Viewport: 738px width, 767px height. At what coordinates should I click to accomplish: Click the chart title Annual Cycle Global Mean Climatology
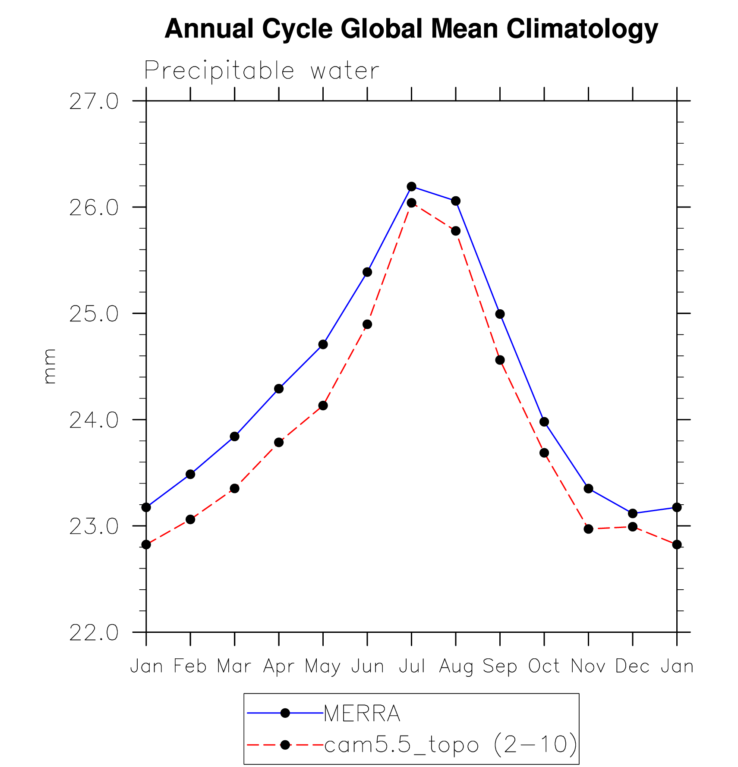411,29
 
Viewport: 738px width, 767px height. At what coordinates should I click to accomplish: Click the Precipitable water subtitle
262,71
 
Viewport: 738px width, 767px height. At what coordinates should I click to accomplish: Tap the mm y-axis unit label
50,366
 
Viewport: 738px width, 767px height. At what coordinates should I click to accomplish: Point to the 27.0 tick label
94,102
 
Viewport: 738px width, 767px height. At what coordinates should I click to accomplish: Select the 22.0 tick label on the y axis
94,633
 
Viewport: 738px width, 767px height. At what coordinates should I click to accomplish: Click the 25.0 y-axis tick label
94,314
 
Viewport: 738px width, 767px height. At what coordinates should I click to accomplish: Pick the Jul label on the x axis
412,666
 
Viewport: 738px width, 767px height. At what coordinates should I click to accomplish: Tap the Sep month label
500,666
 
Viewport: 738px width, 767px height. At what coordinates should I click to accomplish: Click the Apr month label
279,666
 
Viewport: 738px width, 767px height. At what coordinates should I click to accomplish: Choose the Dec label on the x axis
632,666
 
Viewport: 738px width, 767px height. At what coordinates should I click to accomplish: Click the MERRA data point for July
411,186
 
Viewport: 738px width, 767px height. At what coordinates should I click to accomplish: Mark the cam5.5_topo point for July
411,203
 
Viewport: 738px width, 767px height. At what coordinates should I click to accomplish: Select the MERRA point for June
367,272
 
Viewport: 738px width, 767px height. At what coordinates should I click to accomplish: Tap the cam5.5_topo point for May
323,406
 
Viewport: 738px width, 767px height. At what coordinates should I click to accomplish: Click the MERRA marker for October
544,421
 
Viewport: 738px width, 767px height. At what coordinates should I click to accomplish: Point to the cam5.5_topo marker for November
588,529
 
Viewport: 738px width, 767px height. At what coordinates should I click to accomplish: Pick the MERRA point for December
633,513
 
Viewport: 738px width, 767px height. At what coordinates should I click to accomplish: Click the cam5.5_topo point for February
190,519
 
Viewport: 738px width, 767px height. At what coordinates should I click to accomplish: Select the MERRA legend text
362,714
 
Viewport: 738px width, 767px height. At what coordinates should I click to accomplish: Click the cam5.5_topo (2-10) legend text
450,745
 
